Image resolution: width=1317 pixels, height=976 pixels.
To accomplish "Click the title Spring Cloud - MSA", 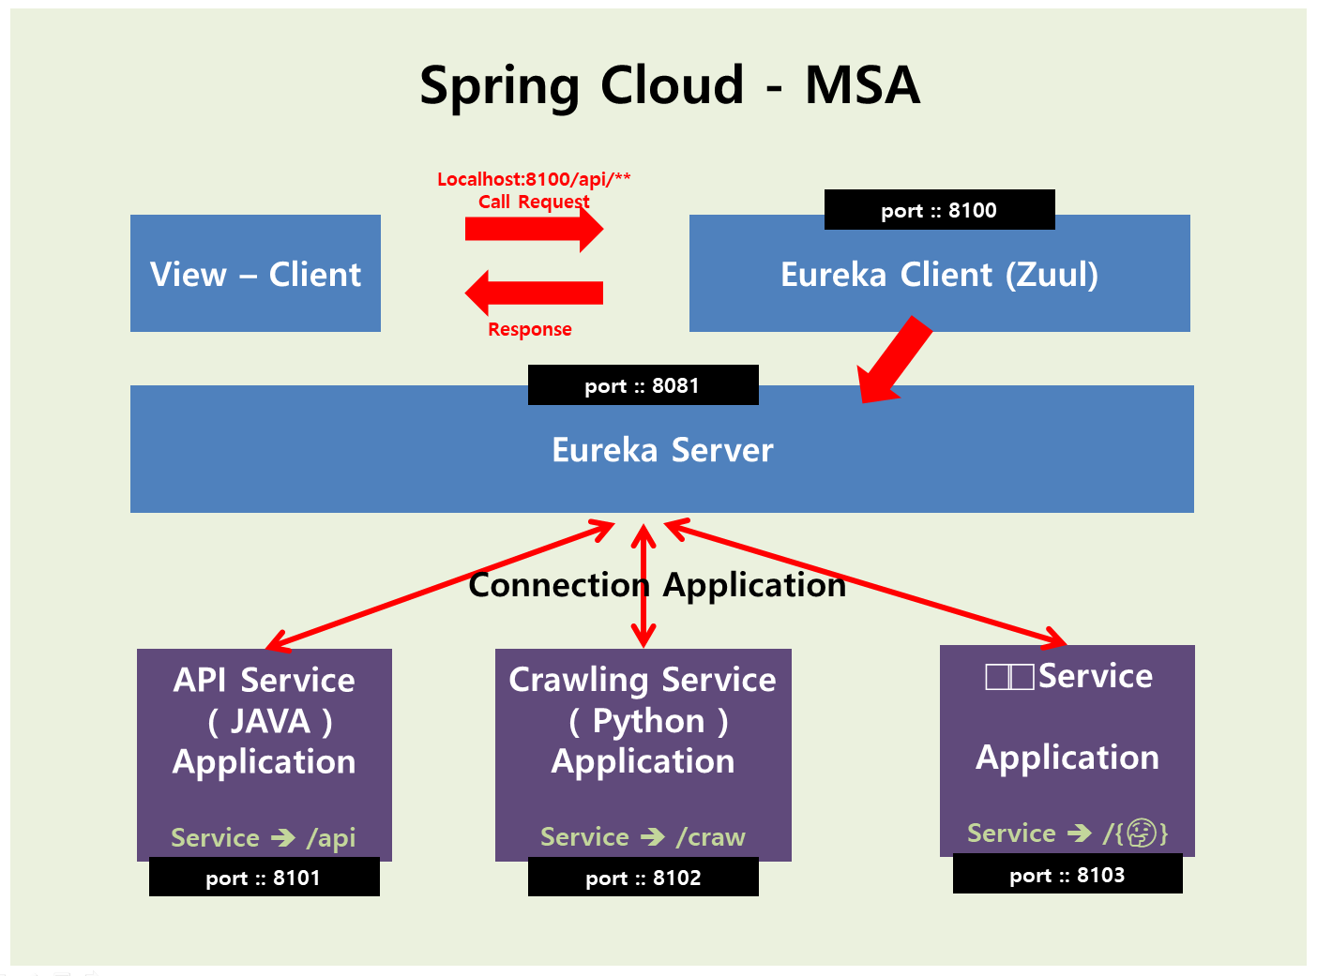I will pyautogui.click(x=670, y=85).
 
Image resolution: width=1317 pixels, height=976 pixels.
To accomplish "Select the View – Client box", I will pyautogui.click(x=255, y=274).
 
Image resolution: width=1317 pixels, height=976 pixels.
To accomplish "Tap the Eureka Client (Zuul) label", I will pyautogui.click(x=939, y=275).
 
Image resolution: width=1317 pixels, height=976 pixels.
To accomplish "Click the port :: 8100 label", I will pyautogui.click(x=939, y=210).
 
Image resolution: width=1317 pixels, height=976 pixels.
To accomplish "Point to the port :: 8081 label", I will pyautogui.click(x=643, y=385).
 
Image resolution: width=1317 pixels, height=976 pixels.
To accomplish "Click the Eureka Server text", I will pyautogui.click(x=662, y=450).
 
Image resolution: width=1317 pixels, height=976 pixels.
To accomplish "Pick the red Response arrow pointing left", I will pyautogui.click(x=535, y=293).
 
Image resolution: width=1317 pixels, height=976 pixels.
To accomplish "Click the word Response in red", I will pyautogui.click(x=530, y=329).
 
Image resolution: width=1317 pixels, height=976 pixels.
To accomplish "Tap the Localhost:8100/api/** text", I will pyautogui.click(x=534, y=179).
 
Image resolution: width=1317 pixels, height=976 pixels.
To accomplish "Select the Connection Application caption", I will pyautogui.click(x=658, y=585).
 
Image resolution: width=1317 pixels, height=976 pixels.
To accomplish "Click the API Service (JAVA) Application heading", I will pyautogui.click(x=265, y=720).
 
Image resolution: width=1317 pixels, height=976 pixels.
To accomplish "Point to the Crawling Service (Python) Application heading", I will pyautogui.click(x=643, y=720).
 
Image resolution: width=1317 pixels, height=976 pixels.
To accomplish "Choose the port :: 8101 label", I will pyautogui.click(x=264, y=878).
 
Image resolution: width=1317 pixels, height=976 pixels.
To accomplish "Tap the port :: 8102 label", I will pyautogui.click(x=643, y=878).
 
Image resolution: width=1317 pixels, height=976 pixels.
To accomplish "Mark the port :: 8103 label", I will pyautogui.click(x=1067, y=875).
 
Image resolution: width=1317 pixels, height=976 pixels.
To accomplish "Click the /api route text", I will pyautogui.click(x=331, y=837).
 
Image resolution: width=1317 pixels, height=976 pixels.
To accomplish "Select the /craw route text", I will pyautogui.click(x=711, y=836).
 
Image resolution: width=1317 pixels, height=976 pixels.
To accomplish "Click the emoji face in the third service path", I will pyautogui.click(x=1141, y=833).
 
